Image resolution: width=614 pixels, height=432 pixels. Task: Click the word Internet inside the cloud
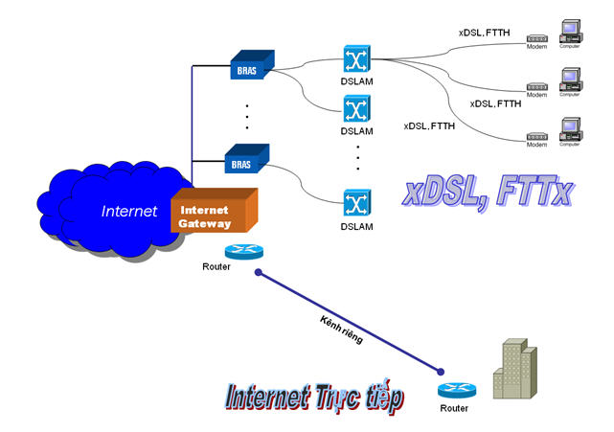[129, 211]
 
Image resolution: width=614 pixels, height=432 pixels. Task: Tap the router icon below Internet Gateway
[241, 251]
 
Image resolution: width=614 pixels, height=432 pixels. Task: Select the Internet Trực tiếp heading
[314, 397]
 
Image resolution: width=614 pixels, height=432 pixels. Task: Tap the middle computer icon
[571, 80]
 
